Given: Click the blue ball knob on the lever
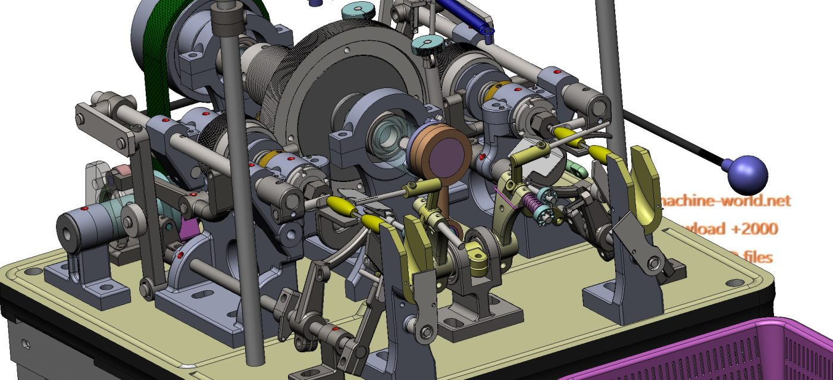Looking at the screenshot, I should click(747, 173).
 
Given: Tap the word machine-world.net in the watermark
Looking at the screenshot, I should click(726, 200).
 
